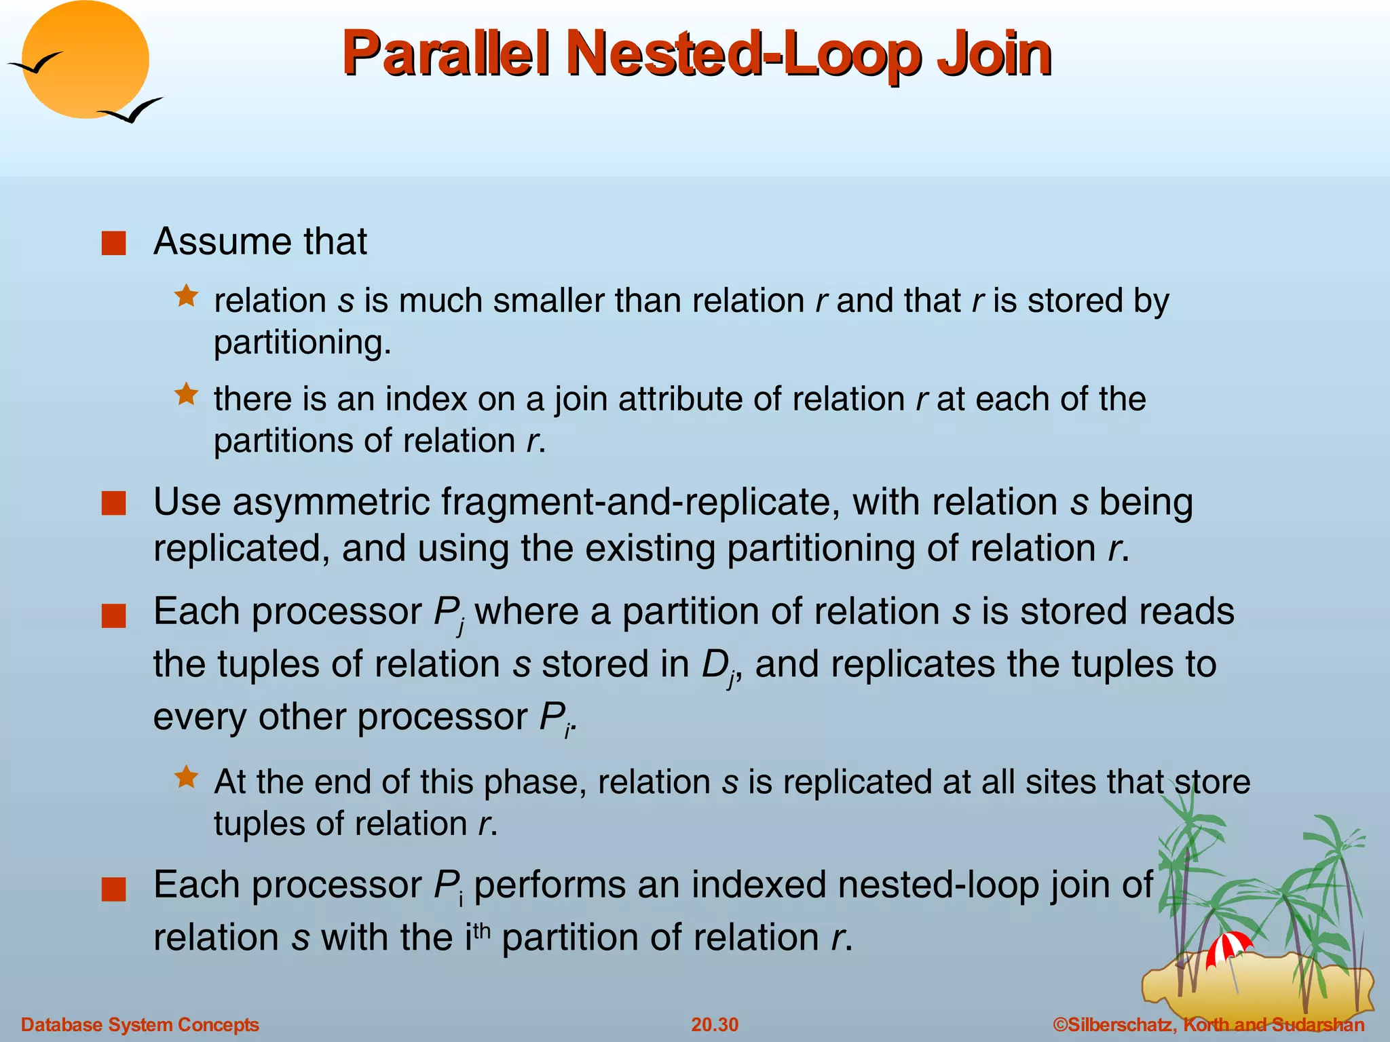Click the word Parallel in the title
pyautogui.click(x=445, y=54)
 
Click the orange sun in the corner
pyautogui.click(x=86, y=60)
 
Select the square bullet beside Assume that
pyautogui.click(x=113, y=244)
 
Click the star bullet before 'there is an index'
pyautogui.click(x=186, y=394)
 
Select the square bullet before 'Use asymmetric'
pyautogui.click(x=113, y=504)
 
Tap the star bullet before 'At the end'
pyautogui.click(x=186, y=777)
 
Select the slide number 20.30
pyautogui.click(x=715, y=1024)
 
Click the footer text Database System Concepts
pyautogui.click(x=140, y=1024)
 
